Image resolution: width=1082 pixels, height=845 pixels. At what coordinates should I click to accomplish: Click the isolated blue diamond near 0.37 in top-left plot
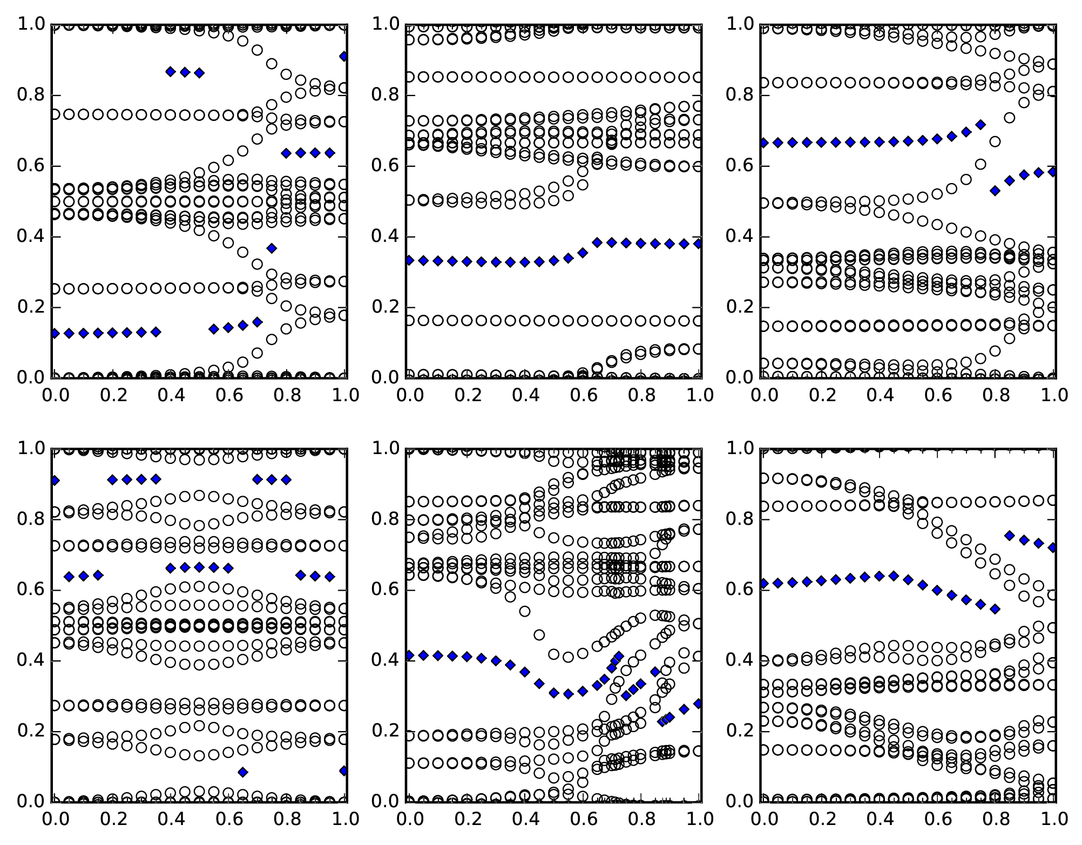[x=272, y=248]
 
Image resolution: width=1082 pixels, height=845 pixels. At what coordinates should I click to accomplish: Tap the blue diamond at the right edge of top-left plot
[x=344, y=56]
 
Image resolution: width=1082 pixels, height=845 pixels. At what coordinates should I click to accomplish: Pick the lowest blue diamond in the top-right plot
[x=995, y=191]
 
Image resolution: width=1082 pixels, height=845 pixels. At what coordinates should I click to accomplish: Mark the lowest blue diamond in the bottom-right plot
[x=995, y=609]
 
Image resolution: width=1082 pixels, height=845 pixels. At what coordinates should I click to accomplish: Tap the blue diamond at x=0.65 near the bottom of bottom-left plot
[x=243, y=772]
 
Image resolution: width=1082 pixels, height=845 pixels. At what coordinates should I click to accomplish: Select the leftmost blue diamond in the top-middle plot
[x=409, y=260]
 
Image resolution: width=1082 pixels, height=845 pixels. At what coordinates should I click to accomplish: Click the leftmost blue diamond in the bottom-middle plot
[x=409, y=655]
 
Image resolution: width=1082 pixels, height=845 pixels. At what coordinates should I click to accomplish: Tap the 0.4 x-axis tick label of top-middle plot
[x=525, y=395]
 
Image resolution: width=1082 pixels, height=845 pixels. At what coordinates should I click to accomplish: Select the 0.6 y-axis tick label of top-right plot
[x=740, y=166]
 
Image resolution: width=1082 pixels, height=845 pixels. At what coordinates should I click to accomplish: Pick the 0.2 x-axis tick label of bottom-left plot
[x=112, y=819]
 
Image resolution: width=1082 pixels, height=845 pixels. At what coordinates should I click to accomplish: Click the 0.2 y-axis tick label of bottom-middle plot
[x=385, y=731]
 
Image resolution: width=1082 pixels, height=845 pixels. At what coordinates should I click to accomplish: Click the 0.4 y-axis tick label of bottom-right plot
[x=740, y=660]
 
